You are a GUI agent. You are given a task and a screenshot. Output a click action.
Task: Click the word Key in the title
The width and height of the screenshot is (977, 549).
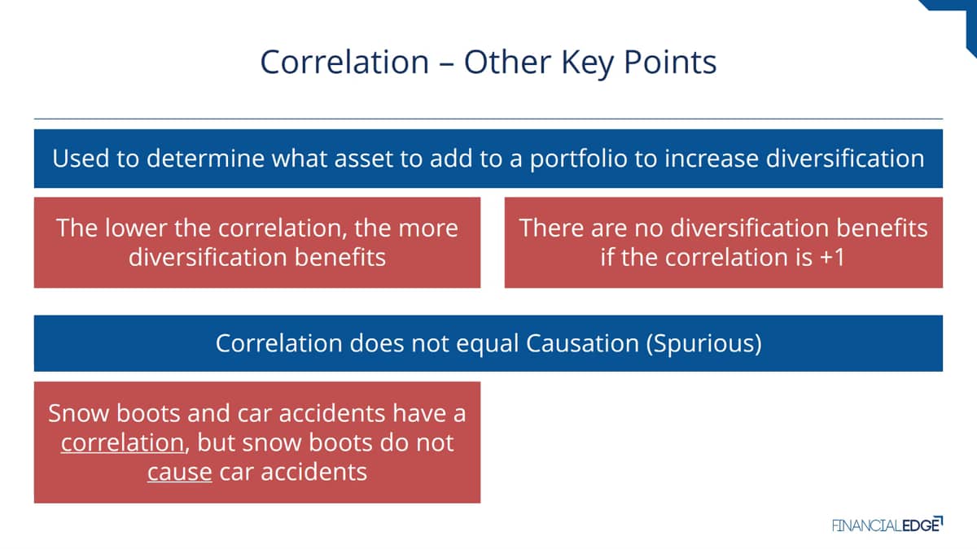[588, 63]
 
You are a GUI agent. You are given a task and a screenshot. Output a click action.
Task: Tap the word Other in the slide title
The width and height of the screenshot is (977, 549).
[508, 62]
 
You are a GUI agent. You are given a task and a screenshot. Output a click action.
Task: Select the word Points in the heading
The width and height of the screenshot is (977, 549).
[670, 62]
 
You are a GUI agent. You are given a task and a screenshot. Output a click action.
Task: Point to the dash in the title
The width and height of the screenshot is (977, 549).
[446, 64]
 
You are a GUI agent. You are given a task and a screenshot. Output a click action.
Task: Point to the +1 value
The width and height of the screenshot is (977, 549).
[832, 258]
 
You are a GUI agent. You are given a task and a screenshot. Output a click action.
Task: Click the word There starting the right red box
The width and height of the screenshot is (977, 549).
[551, 228]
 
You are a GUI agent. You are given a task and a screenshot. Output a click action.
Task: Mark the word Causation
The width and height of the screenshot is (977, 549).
[582, 343]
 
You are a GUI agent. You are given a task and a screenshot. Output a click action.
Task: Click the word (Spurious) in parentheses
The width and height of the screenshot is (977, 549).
[703, 344]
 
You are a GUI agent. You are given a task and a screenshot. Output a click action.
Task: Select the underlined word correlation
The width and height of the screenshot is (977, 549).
[123, 443]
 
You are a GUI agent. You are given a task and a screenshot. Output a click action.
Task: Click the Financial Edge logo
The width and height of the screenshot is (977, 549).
[887, 525]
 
